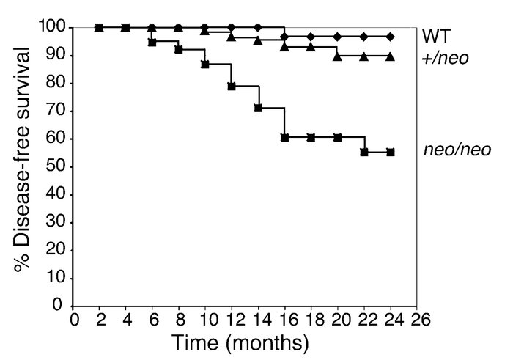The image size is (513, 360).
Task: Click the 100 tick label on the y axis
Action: tap(54, 28)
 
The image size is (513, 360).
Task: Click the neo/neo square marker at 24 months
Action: tap(390, 153)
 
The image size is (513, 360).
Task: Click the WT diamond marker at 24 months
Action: tap(390, 36)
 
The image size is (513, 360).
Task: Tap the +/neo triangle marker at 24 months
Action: tap(390, 56)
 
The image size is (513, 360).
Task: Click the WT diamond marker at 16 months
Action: tap(284, 36)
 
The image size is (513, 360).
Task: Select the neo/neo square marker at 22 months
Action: tap(363, 152)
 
